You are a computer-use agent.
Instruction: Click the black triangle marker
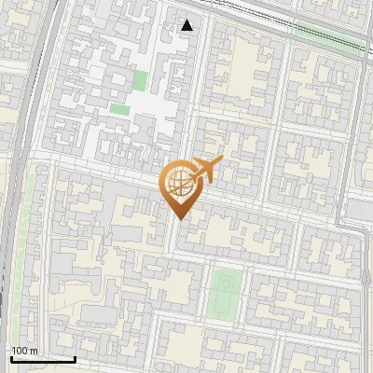(x=187, y=25)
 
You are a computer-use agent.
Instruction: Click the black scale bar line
(x=43, y=359)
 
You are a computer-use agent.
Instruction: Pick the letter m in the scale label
(x=34, y=351)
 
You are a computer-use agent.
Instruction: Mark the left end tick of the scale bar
(x=11, y=358)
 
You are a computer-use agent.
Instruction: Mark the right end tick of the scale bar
(x=75, y=358)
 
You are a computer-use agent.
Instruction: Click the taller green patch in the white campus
(x=141, y=81)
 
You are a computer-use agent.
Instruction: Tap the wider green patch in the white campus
(x=119, y=108)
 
